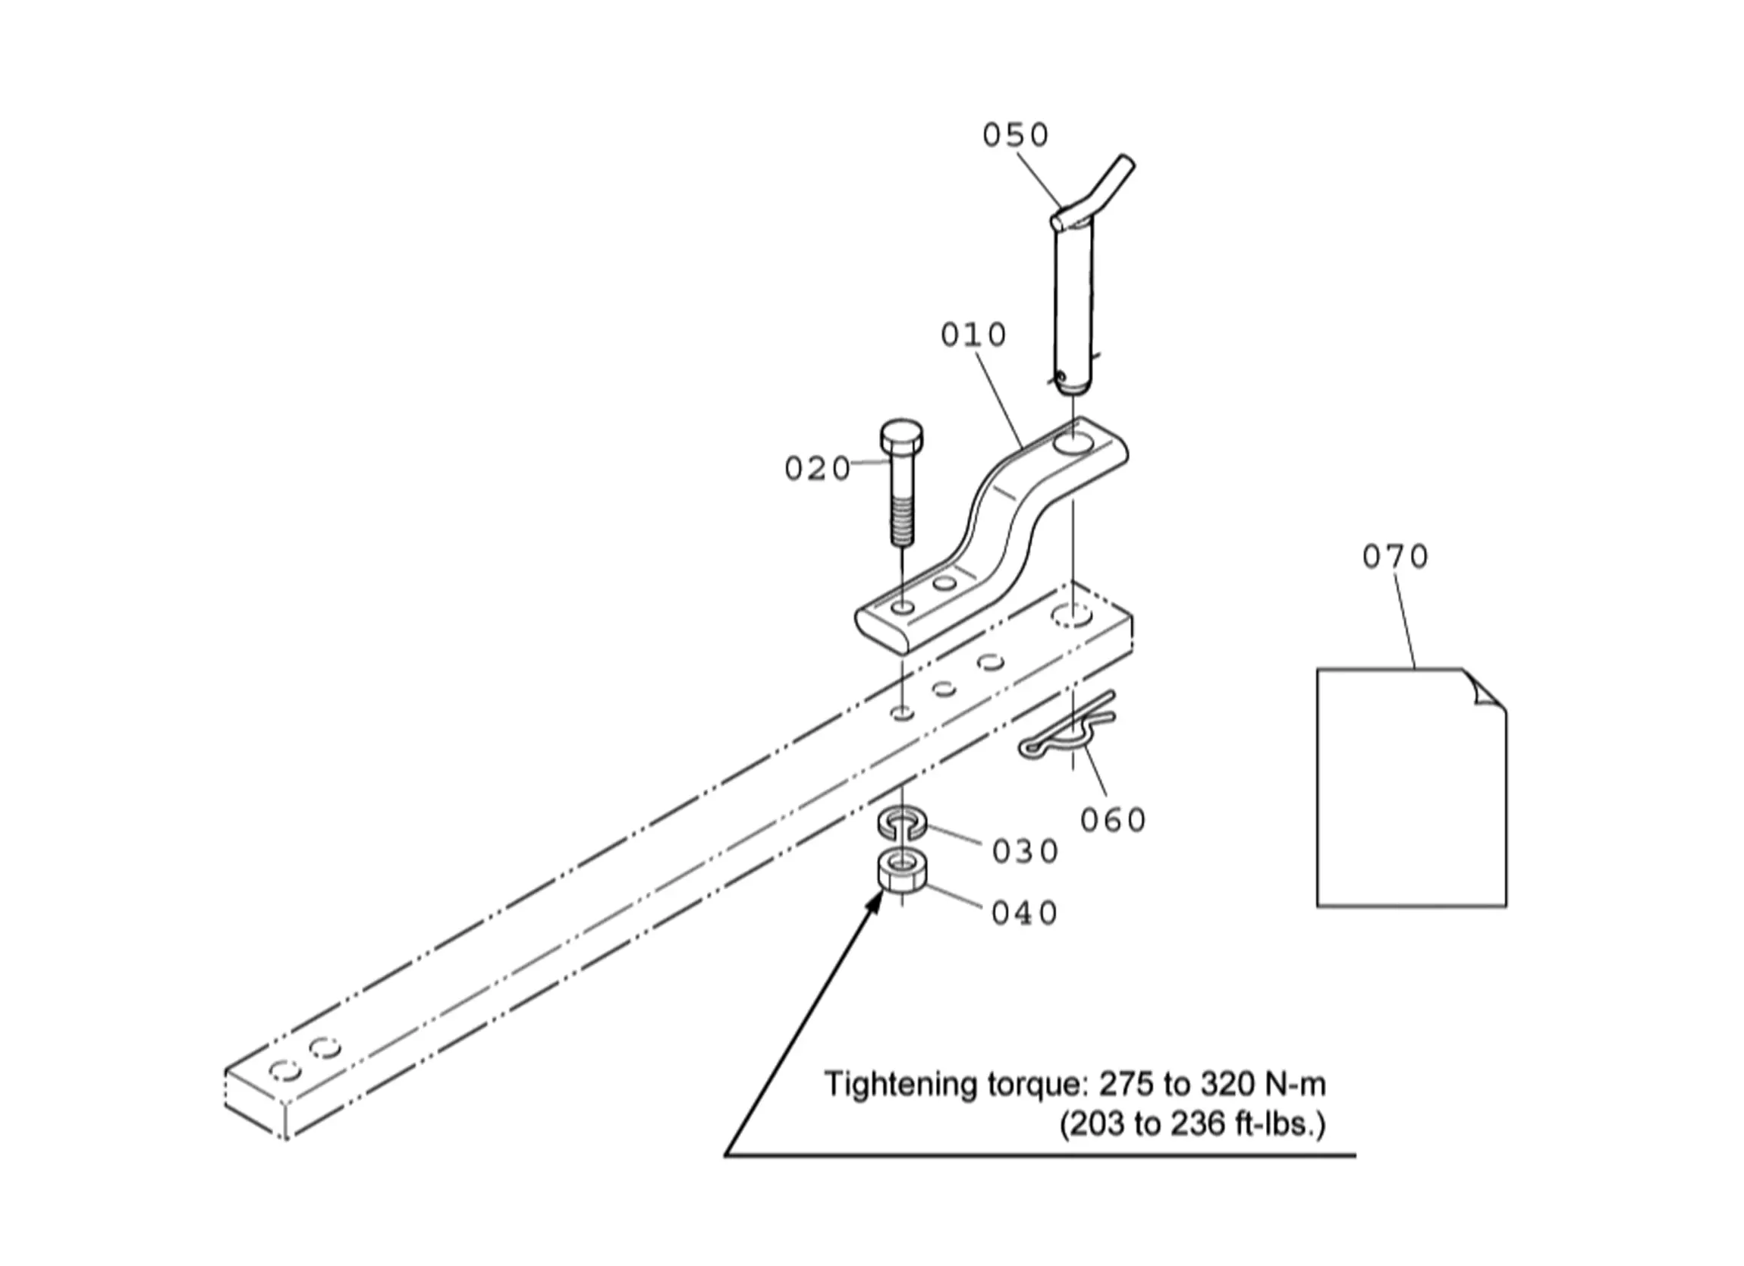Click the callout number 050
click(x=1016, y=135)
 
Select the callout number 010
click(x=973, y=335)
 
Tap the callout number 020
click(x=818, y=469)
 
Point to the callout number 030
click(x=1025, y=851)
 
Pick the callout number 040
click(x=1025, y=913)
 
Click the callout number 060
click(x=1113, y=820)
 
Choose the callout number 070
click(x=1395, y=556)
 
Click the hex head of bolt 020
click(x=901, y=437)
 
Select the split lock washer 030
click(x=902, y=823)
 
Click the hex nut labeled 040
click(x=902, y=872)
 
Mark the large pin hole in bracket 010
click(x=1072, y=444)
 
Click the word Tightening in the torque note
click(x=890, y=1085)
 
